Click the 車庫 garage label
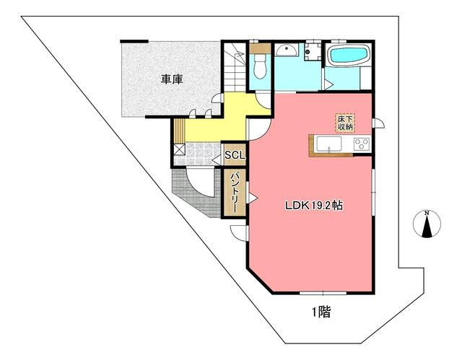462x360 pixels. [x=171, y=79]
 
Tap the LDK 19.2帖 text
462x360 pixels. [x=313, y=205]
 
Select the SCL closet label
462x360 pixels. [x=235, y=155]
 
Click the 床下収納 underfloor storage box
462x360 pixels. [x=344, y=123]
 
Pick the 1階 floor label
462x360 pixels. [x=321, y=312]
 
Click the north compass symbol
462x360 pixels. [x=428, y=224]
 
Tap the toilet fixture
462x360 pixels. [x=260, y=67]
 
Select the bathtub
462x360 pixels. [x=348, y=56]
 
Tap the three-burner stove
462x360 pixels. [x=359, y=144]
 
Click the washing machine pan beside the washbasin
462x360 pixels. [x=313, y=52]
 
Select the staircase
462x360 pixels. [x=235, y=69]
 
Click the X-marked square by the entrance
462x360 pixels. [x=179, y=150]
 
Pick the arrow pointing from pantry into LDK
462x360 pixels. [x=252, y=196]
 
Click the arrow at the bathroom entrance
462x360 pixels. [x=328, y=84]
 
